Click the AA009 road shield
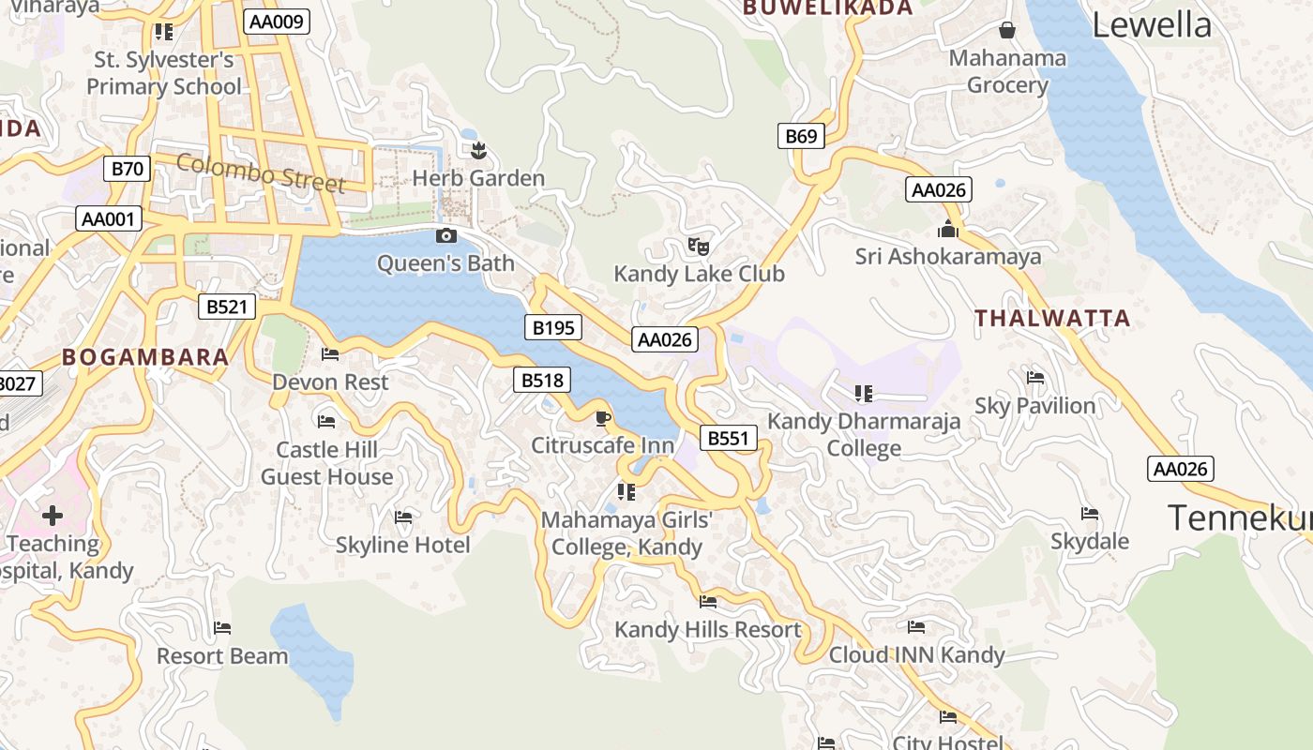click(276, 21)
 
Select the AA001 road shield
click(109, 219)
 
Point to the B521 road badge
click(226, 307)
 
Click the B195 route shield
click(552, 327)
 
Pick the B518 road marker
click(542, 380)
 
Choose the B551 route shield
click(728, 438)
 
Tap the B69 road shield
click(801, 136)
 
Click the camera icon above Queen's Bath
click(446, 235)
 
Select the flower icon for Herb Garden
click(478, 149)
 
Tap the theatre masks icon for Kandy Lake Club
click(698, 247)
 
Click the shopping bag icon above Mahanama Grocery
click(1007, 30)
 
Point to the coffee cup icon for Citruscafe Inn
click(602, 417)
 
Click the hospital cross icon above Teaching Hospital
click(53, 515)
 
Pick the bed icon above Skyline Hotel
click(403, 517)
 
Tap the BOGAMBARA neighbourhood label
click(145, 356)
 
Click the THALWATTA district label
click(1052, 318)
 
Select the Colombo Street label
click(261, 173)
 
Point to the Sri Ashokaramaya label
click(947, 256)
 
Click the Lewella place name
click(1152, 25)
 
